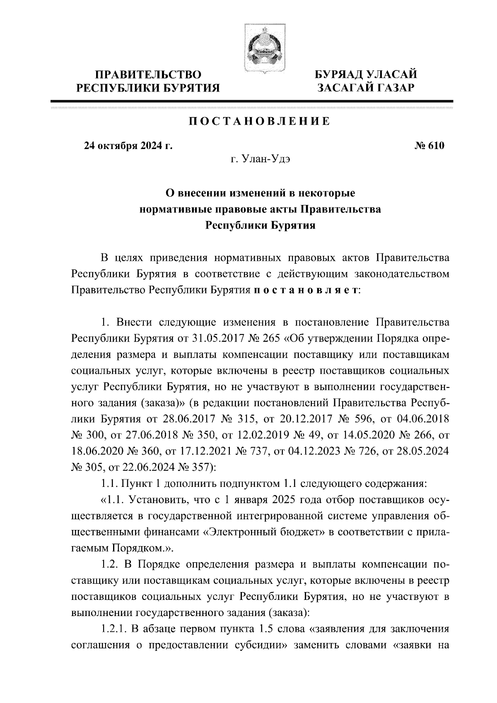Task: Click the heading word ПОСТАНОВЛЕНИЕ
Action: pos(260,121)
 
